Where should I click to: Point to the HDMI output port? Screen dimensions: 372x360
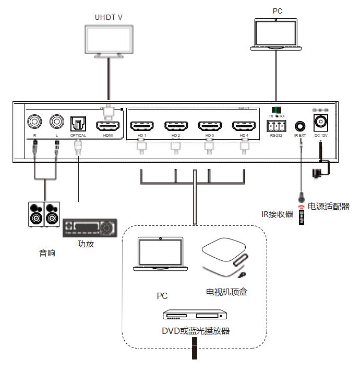tap(108, 126)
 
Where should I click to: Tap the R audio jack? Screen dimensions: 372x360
tap(34, 123)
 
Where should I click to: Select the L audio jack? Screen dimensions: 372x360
tap(57, 123)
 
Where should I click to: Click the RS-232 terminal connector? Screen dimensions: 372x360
tap(276, 126)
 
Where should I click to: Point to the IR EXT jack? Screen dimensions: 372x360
tap(300, 126)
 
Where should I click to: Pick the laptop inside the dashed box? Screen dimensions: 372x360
tap(160, 255)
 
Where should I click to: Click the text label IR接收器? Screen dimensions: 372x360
tap(277, 214)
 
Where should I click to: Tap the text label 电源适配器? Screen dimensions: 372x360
tap(329, 207)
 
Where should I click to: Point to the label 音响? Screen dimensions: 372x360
tap(47, 254)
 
